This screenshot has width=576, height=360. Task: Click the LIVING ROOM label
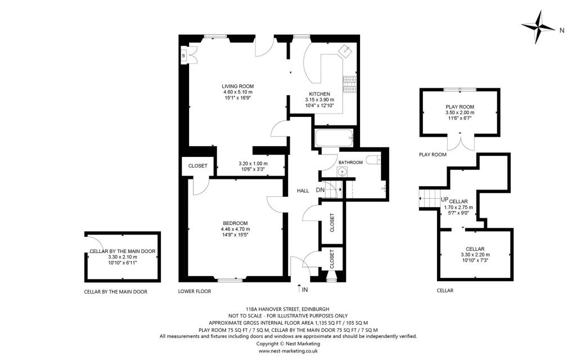click(238, 86)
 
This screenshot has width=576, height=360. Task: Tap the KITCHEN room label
click(319, 94)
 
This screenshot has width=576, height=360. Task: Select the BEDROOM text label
click(235, 223)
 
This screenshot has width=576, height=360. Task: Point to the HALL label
click(303, 191)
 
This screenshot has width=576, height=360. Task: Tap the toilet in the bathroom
click(374, 160)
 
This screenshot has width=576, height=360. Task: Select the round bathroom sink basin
click(343, 171)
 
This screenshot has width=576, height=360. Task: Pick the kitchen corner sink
click(346, 50)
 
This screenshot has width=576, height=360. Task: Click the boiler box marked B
click(184, 56)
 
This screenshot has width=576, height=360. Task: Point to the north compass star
click(538, 27)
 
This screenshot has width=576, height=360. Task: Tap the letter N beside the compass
click(562, 31)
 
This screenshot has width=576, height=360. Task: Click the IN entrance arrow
click(299, 289)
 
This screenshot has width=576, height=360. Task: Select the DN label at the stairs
click(320, 190)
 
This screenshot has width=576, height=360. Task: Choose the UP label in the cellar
click(444, 200)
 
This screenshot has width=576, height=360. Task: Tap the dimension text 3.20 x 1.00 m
click(253, 164)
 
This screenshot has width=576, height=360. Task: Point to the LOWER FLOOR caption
click(195, 291)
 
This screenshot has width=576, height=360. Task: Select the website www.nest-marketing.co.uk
click(288, 351)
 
